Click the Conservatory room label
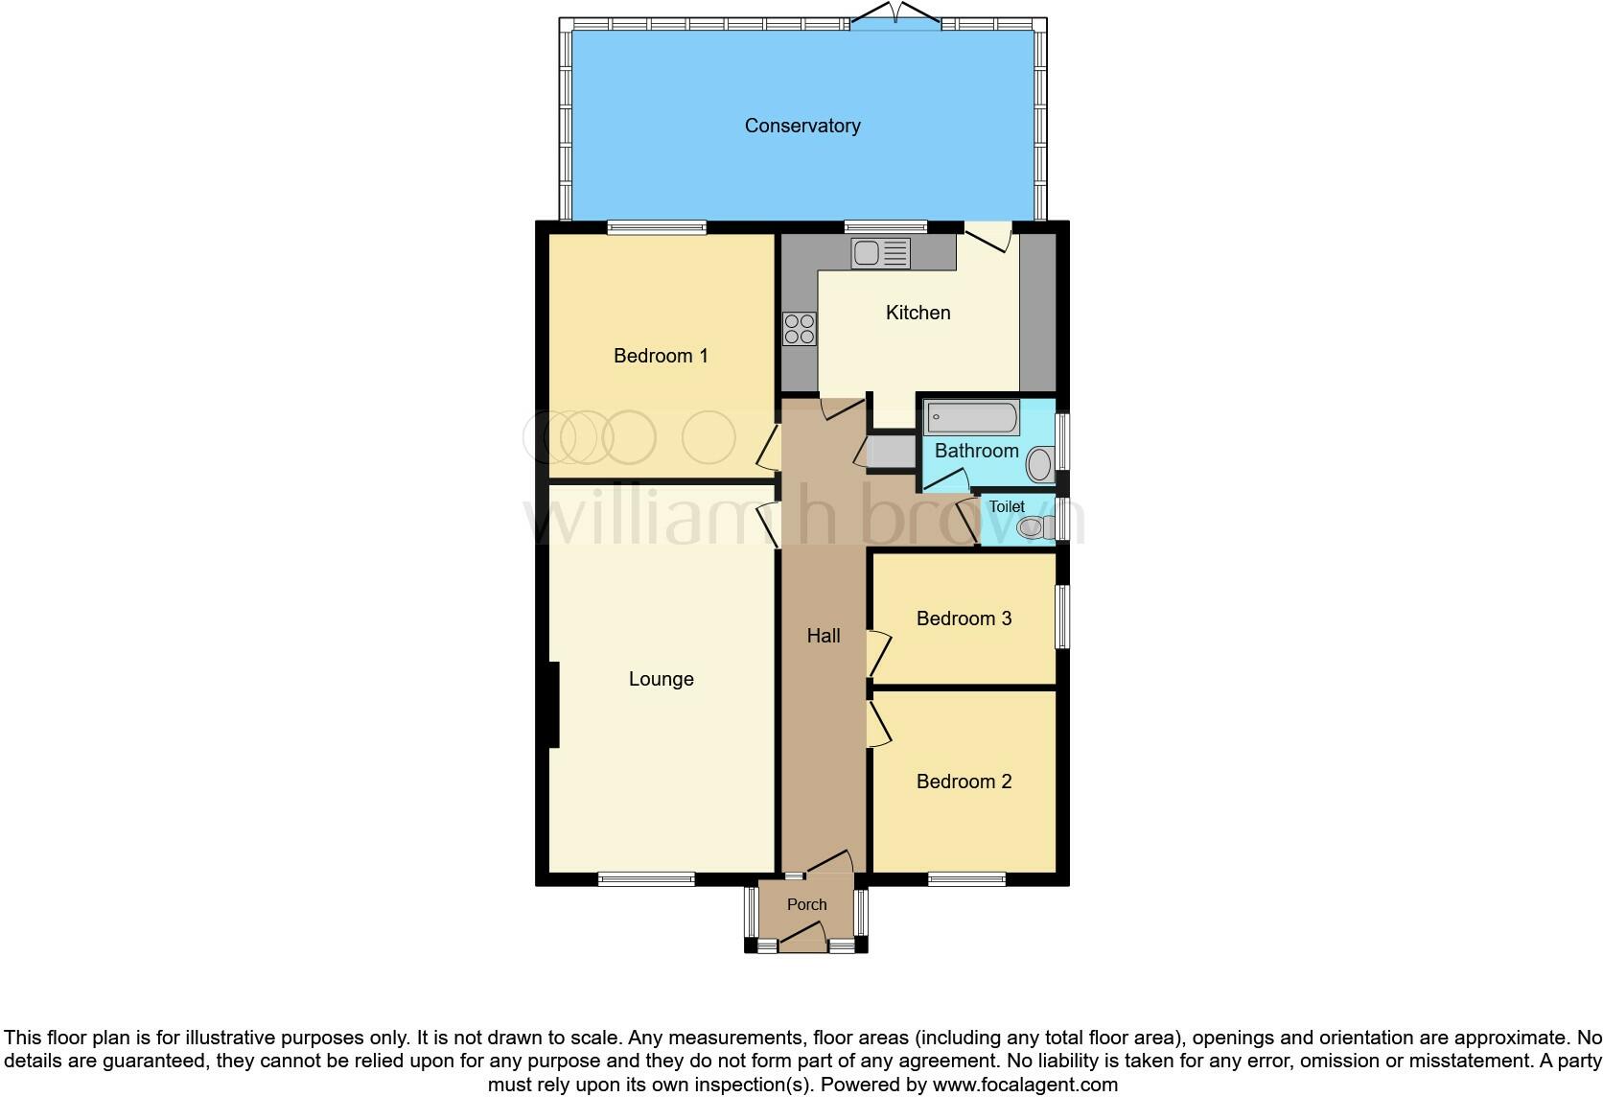(x=802, y=126)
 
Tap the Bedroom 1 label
(x=661, y=356)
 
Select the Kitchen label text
(x=918, y=313)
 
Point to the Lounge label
(x=661, y=679)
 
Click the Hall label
(x=824, y=636)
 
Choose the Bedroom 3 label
(x=964, y=619)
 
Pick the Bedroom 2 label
(x=964, y=782)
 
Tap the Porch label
(x=806, y=904)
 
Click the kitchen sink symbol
(x=880, y=253)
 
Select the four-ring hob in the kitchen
(x=800, y=329)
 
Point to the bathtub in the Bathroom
(x=971, y=418)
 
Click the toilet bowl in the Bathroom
(x=1038, y=465)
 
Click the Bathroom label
(x=976, y=451)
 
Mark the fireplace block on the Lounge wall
(x=553, y=704)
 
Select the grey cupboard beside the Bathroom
(x=891, y=453)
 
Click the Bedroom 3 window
(x=1062, y=617)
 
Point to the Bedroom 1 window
(x=657, y=227)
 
